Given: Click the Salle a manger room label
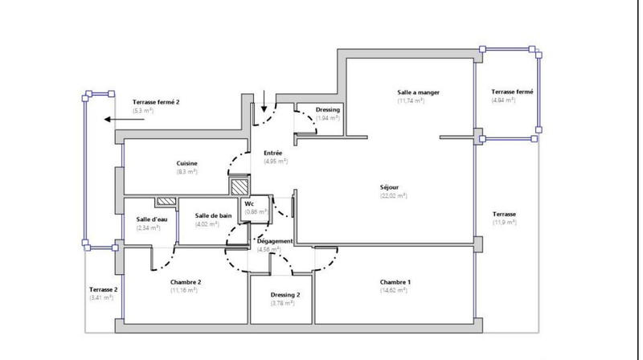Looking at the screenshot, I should tap(418, 92).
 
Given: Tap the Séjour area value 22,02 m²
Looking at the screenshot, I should tap(394, 195).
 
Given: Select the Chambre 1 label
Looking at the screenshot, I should tap(395, 282).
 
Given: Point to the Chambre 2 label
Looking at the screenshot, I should tap(186, 282).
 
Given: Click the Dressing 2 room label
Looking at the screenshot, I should tap(285, 295).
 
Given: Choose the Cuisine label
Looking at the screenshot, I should tap(187, 163).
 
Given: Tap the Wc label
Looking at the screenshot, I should tap(250, 204).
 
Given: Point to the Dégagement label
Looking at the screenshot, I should tap(274, 241).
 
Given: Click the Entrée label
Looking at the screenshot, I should tap(273, 153).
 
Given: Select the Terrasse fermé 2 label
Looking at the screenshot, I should tap(156, 102).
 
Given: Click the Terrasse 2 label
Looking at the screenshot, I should tap(104, 289).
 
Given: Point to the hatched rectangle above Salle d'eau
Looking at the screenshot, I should tap(166, 202).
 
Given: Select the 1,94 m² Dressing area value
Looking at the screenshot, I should tap(327, 118).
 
